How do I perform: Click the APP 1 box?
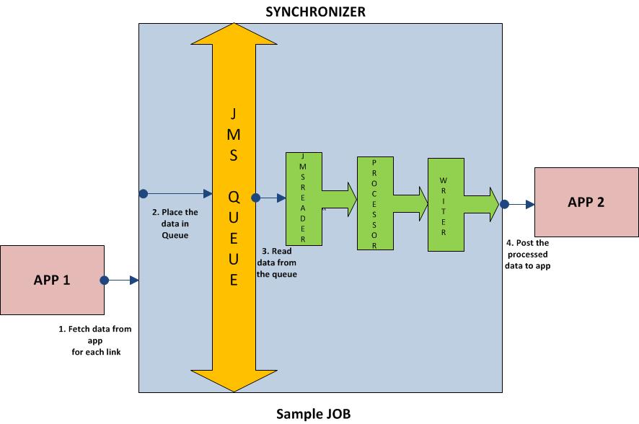point(52,280)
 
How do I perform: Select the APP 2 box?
point(586,202)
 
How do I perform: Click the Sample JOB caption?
point(314,414)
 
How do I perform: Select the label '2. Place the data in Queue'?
point(175,224)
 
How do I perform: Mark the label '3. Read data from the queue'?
point(277,262)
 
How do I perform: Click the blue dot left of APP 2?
point(504,204)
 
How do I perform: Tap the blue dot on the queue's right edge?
point(255,196)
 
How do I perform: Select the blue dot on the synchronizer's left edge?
point(144,193)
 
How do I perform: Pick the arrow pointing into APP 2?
point(521,204)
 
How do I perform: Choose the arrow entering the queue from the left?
point(180,193)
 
